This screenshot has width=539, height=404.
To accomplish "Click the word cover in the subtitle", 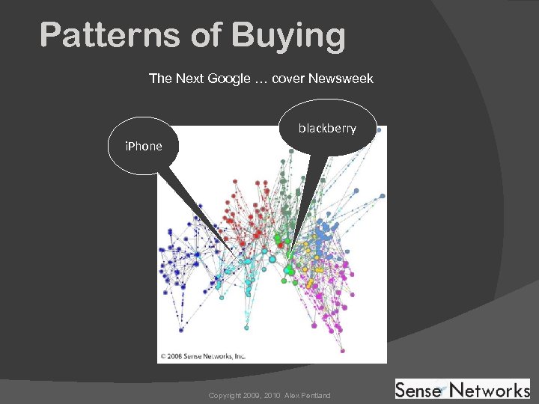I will (288, 79).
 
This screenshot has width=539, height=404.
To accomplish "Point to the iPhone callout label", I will (143, 146).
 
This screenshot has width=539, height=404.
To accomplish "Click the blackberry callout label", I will (327, 129).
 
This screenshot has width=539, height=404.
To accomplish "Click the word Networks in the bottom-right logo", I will (490, 390).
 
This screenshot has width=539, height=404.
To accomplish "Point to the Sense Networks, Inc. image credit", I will (202, 356).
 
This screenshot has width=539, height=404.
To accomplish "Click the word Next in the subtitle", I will (189, 79).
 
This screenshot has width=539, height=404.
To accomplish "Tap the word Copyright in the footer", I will (225, 395).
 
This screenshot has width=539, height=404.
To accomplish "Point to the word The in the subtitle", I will (161, 79).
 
